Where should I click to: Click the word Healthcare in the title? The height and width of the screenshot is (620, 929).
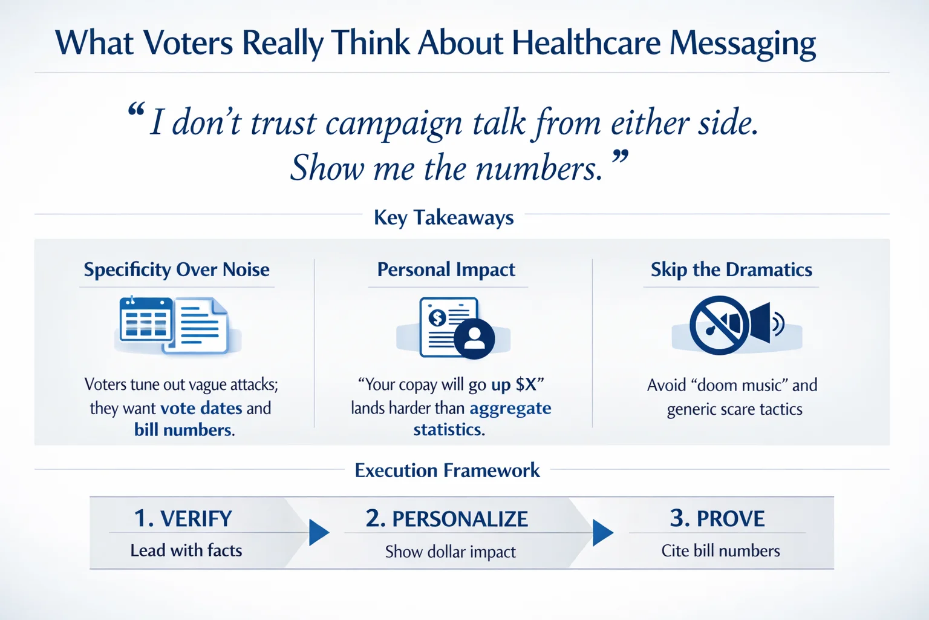click(585, 44)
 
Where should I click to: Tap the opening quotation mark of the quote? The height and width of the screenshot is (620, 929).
click(137, 111)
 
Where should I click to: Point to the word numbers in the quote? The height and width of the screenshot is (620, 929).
click(538, 168)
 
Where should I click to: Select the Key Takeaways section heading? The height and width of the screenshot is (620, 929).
click(443, 217)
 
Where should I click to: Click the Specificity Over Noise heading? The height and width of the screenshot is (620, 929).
click(177, 269)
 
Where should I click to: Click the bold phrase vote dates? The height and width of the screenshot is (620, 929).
click(201, 408)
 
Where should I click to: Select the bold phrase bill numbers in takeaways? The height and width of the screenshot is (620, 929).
click(183, 430)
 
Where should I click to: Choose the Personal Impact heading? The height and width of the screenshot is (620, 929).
click(446, 269)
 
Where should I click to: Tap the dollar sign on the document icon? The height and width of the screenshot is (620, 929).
click(437, 317)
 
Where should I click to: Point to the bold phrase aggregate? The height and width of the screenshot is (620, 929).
click(510, 408)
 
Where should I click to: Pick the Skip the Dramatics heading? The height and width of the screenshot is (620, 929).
click(731, 269)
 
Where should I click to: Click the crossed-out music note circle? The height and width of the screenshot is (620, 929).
click(719, 325)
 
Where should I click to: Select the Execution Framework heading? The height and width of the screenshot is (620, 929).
click(447, 470)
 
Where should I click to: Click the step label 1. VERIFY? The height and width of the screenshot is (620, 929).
click(183, 519)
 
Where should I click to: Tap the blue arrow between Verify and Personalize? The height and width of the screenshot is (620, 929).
click(318, 532)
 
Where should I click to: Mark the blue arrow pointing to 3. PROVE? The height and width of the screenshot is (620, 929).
click(602, 532)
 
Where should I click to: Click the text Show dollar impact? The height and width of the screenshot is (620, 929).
click(451, 552)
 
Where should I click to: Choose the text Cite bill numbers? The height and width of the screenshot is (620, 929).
click(720, 551)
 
